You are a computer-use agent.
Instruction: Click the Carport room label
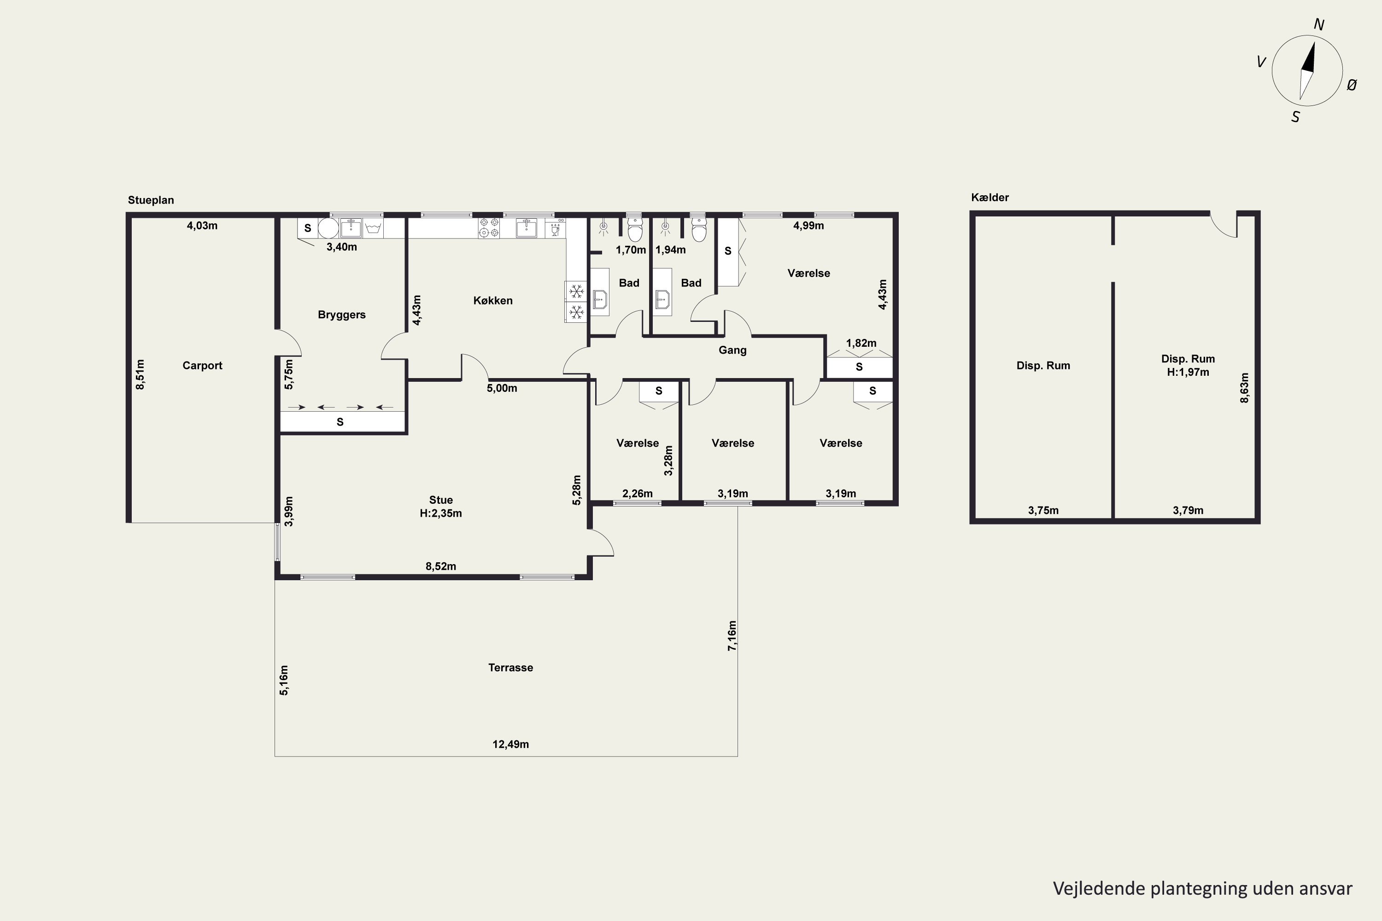point(202,365)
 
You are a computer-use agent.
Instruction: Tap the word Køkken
point(493,301)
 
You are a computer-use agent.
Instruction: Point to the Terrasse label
point(510,667)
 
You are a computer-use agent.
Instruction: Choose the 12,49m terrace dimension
point(510,744)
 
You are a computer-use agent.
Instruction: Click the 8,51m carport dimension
point(140,374)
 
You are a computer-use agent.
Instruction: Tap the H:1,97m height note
point(1188,372)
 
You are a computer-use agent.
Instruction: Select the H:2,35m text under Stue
point(441,513)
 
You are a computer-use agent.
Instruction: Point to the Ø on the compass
point(1352,85)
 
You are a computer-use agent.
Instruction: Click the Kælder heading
point(990,198)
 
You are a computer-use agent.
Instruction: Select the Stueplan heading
point(151,200)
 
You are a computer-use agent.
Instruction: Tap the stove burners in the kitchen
point(489,228)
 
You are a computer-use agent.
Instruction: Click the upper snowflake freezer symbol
point(576,291)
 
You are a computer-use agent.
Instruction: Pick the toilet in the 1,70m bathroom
point(635,230)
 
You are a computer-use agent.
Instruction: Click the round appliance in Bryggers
point(328,228)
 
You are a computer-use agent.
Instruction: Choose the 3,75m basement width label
point(1043,510)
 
